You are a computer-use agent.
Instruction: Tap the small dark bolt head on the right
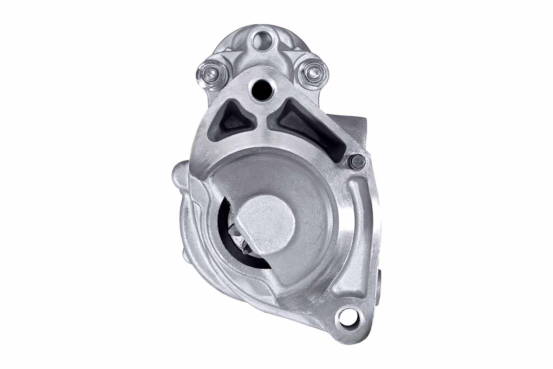357,162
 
